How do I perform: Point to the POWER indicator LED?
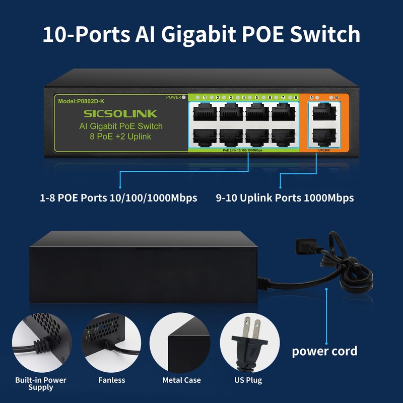click(183, 97)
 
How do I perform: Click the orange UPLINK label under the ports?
click(324, 150)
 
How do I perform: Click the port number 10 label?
click(336, 97)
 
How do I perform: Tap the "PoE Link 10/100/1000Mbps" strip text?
click(242, 150)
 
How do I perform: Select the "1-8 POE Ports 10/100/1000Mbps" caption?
click(118, 198)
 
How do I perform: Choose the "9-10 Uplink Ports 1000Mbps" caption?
click(285, 198)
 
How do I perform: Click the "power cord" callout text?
click(324, 351)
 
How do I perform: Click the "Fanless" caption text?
click(112, 380)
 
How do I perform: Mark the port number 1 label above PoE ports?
click(205, 97)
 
